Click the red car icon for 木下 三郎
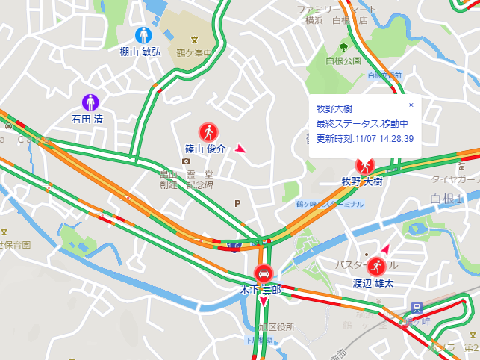point(264,273)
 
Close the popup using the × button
point(411,105)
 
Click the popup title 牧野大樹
point(334,108)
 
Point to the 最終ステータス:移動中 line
point(361,122)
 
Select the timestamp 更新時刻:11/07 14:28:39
point(364,138)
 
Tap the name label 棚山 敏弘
point(140,52)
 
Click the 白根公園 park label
point(343,60)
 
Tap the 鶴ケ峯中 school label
point(196,54)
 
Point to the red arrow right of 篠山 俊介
point(240,149)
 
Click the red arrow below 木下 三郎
point(263,302)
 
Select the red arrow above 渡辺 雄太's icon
point(386,248)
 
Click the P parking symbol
point(238,202)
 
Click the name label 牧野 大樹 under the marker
point(362,181)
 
